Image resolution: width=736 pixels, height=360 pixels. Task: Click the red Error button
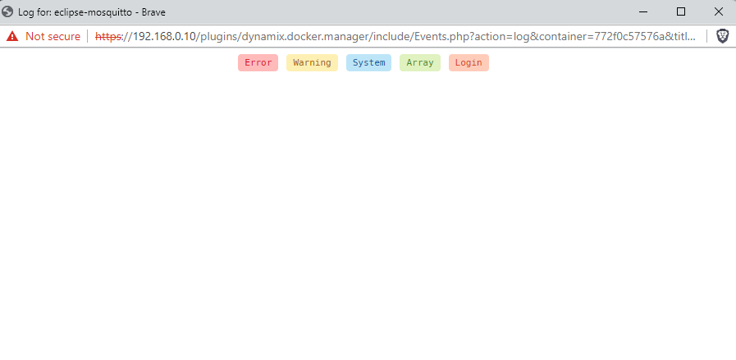click(258, 63)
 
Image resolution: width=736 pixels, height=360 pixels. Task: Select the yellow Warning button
click(312, 63)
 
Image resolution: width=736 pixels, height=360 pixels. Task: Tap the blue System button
click(368, 63)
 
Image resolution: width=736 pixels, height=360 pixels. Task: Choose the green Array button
click(420, 63)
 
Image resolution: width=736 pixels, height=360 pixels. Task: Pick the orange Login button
click(469, 63)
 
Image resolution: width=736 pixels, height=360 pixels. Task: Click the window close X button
click(718, 11)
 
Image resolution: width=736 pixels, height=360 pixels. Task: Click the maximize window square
click(680, 11)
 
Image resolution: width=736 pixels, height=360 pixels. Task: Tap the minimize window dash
click(643, 11)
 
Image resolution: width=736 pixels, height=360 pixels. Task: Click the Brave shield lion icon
click(723, 36)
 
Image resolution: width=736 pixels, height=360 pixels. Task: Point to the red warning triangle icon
click(12, 36)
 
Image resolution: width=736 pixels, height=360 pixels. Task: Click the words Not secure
click(53, 36)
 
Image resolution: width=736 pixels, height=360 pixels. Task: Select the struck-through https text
click(108, 36)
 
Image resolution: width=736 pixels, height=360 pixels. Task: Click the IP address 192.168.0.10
click(164, 36)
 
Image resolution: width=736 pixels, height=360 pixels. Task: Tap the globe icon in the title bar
click(7, 11)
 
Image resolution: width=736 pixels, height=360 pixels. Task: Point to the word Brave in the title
click(153, 12)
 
